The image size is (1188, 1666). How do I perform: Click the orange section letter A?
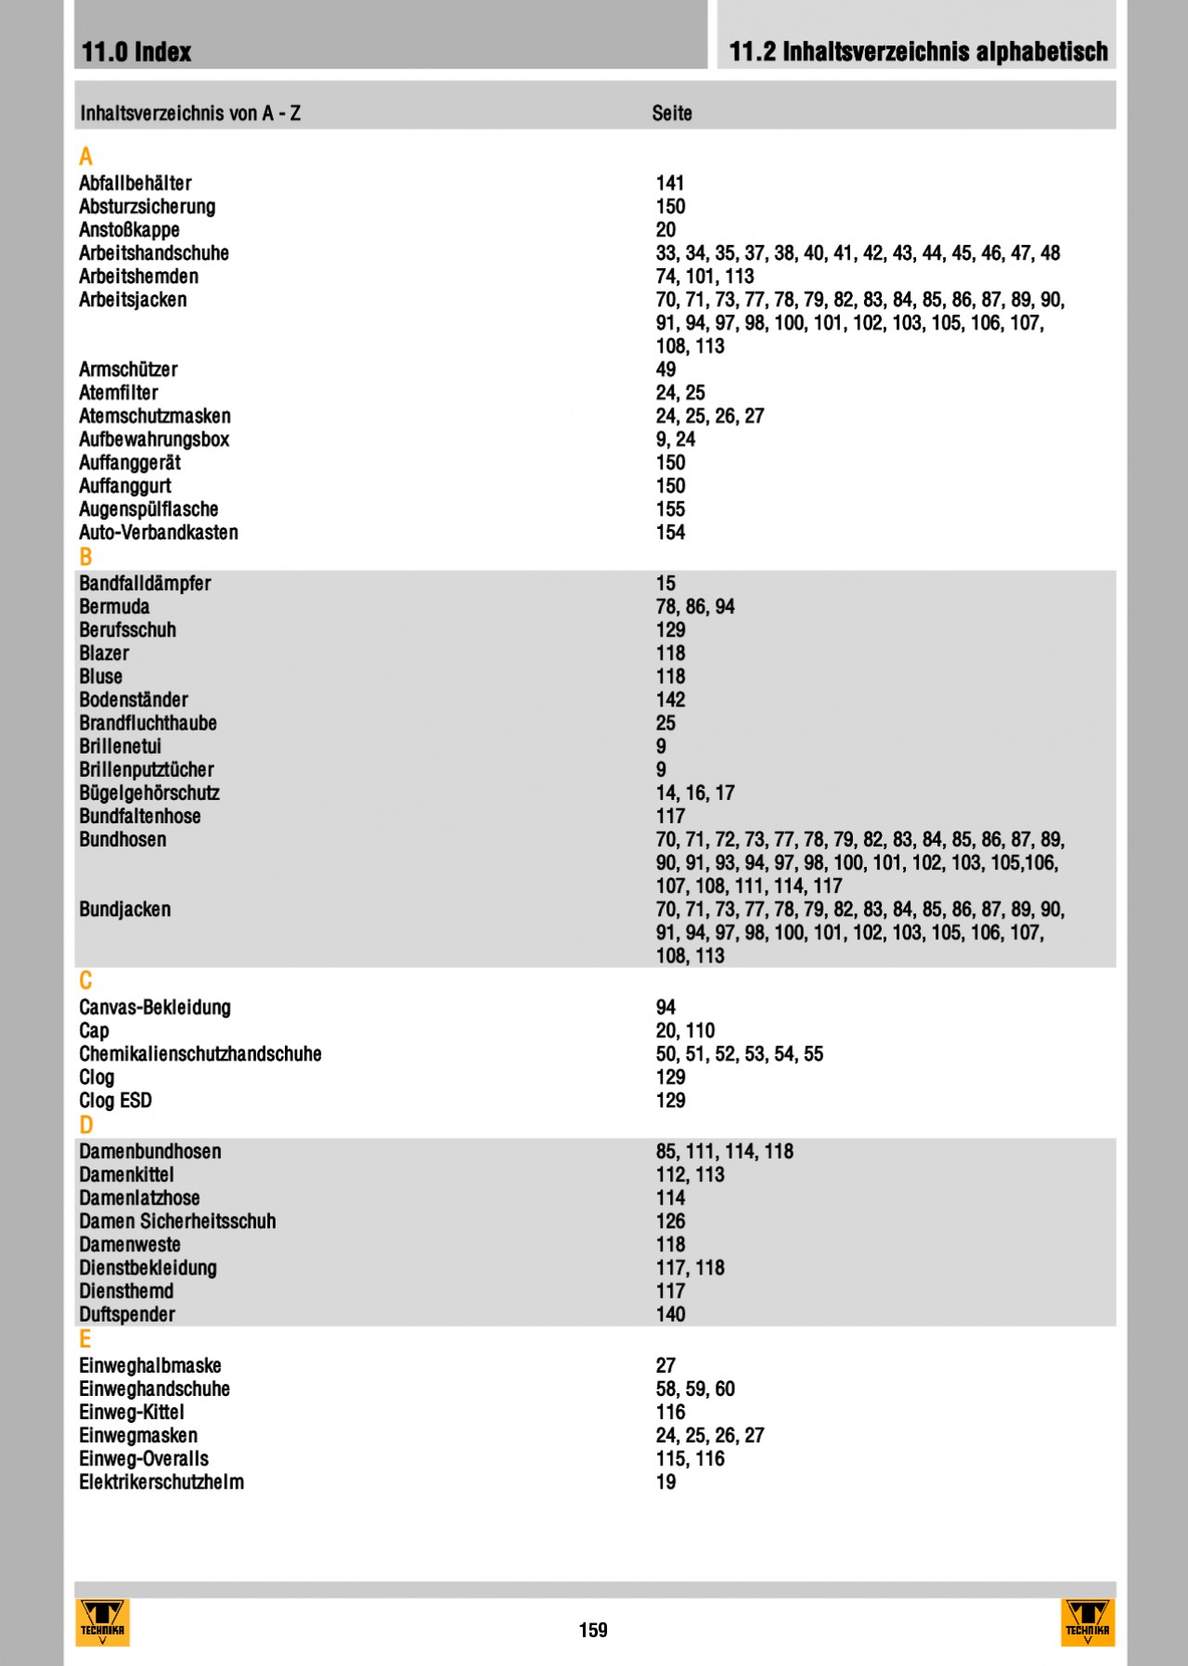(x=85, y=157)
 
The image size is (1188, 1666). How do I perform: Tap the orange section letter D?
(x=85, y=1125)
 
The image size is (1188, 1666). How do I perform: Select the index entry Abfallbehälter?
(x=135, y=184)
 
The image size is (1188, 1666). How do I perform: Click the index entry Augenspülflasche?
(x=148, y=510)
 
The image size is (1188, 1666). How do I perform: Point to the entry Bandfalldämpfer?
(x=145, y=584)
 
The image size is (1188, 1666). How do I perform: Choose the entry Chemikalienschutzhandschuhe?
(x=200, y=1054)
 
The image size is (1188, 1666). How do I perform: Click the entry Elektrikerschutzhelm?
(x=161, y=1482)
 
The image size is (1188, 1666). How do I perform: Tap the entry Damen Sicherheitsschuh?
(x=177, y=1221)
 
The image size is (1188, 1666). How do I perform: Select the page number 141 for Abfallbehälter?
(x=670, y=184)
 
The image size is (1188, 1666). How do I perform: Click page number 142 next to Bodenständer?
(x=670, y=700)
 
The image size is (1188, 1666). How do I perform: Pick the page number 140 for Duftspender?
(x=670, y=1314)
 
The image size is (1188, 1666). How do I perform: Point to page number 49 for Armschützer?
(x=665, y=369)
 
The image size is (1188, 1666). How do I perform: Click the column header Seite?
(x=672, y=113)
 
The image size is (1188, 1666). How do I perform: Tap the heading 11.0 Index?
(x=136, y=52)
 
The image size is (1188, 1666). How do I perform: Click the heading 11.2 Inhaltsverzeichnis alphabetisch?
(x=918, y=52)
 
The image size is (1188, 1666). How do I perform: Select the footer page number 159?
(x=593, y=1630)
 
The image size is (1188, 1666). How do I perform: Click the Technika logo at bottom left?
(x=102, y=1622)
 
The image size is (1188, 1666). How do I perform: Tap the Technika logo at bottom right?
(x=1087, y=1622)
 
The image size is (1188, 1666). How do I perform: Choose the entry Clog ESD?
(x=115, y=1101)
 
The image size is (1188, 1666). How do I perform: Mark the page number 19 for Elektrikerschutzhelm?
(x=665, y=1482)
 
